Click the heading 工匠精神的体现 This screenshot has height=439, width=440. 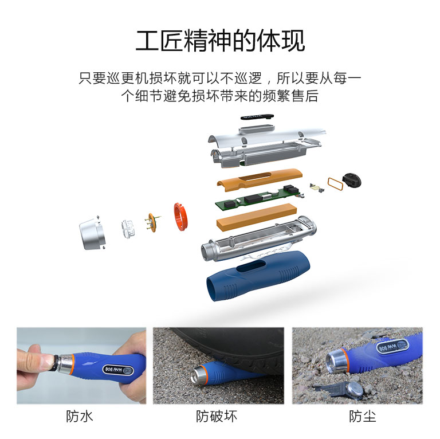pyautogui.click(x=220, y=41)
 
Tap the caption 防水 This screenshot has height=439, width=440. pyautogui.click(x=80, y=416)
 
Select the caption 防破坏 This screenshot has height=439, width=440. pyautogui.click(x=217, y=416)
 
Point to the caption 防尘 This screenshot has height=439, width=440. pyautogui.click(x=363, y=416)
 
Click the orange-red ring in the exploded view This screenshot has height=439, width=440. pyautogui.click(x=180, y=217)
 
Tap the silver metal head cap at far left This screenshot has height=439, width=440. pyautogui.click(x=92, y=233)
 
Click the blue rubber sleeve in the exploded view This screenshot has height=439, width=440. pyautogui.click(x=258, y=276)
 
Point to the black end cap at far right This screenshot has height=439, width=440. pyautogui.click(x=352, y=180)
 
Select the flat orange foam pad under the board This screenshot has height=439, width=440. pyautogui.click(x=257, y=218)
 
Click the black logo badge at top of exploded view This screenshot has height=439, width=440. pyautogui.click(x=257, y=117)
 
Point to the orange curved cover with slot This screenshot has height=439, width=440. pyautogui.click(x=260, y=180)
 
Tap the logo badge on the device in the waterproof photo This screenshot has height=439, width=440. pyautogui.click(x=118, y=370)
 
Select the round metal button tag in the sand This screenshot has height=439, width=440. pyautogui.click(x=355, y=390)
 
